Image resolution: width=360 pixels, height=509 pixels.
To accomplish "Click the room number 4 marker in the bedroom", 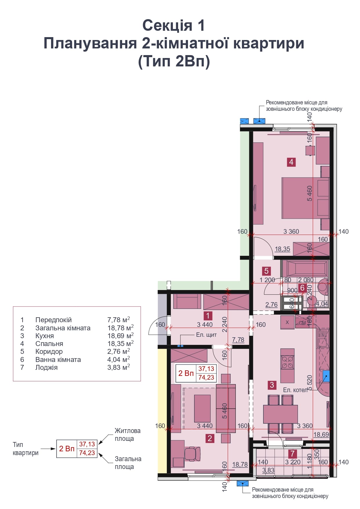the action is pos(291,162).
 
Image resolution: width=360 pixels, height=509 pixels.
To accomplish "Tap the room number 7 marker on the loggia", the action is pos(292,453).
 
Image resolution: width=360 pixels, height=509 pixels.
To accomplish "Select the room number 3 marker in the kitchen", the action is pos(272,385).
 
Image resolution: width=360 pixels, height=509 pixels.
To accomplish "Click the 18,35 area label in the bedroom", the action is pos(282,249).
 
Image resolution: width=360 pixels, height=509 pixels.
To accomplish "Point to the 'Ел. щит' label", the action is pos(206,335).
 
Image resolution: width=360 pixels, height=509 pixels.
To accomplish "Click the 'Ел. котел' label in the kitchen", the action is pos(295,390).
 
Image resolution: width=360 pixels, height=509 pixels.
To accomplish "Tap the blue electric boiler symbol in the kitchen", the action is pos(326,376).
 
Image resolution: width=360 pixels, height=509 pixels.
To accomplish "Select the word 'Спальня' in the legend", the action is pos(49,344).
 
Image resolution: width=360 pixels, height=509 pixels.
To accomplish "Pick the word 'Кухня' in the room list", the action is pos(45,336).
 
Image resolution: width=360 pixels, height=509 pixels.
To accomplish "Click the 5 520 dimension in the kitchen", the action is pos(310,383).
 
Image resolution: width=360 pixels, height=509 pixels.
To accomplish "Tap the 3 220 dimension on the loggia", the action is pos(293,462).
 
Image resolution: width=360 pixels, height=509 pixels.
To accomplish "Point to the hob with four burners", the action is pos(287,362).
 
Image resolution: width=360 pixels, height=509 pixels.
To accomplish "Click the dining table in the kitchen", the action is pos(281,414).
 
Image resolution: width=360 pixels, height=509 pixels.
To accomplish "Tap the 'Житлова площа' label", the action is pos(127,434).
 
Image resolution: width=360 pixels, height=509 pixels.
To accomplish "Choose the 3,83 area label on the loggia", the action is pos(268,470).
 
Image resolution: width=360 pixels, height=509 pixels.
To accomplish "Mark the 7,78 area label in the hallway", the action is pos(238,340).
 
